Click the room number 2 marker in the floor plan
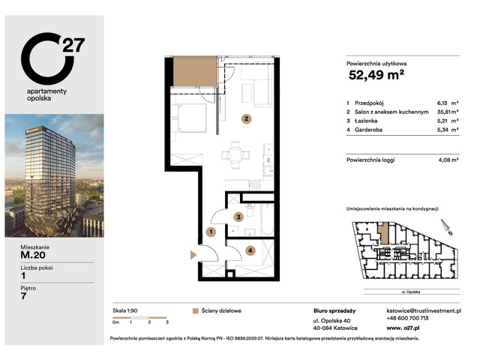click(245, 118)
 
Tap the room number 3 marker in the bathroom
click(238, 217)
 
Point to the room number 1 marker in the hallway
click(211, 232)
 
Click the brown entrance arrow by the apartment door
click(195, 256)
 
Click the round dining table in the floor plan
click(234, 156)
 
